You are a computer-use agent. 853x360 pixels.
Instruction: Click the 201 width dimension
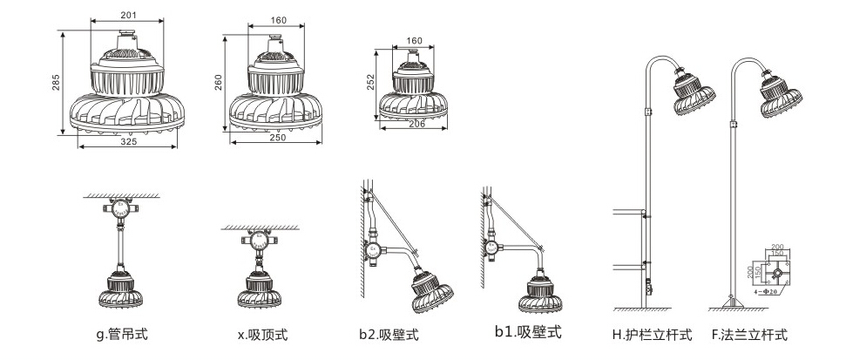(128, 15)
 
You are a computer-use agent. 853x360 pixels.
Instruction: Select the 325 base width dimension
(129, 141)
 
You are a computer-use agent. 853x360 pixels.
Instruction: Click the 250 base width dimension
(276, 138)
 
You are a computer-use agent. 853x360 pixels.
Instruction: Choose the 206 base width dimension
(416, 125)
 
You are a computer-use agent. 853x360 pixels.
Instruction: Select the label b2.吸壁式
(389, 334)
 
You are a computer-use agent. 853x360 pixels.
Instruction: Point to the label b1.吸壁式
(528, 331)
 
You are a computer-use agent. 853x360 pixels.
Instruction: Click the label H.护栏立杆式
(652, 334)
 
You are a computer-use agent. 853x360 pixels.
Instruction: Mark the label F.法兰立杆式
(748, 334)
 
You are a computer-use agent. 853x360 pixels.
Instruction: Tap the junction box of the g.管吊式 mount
(120, 211)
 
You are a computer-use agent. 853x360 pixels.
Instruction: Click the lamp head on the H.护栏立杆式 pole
(694, 91)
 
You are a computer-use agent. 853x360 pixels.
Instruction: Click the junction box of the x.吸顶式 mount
(259, 241)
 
